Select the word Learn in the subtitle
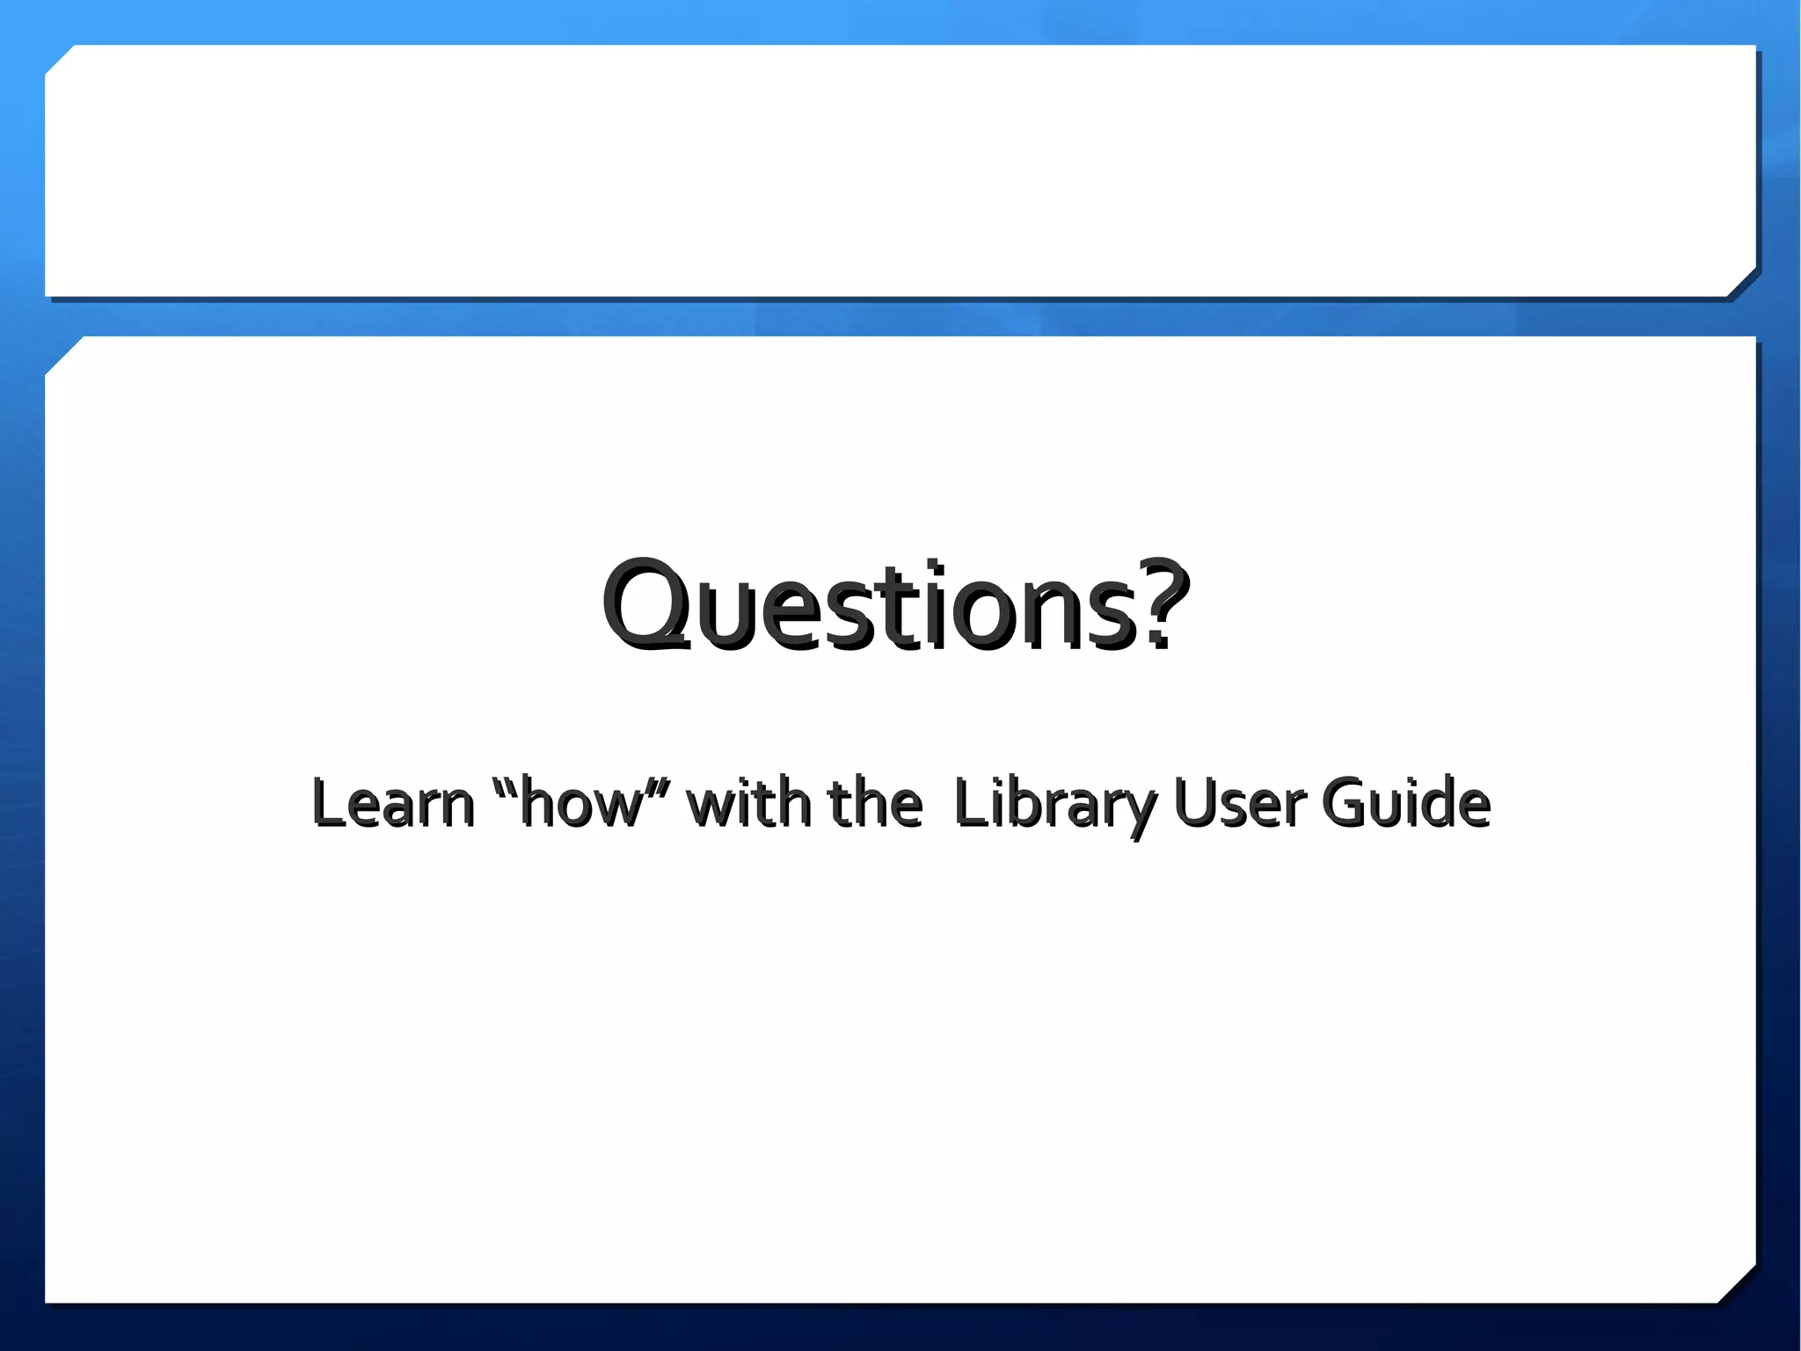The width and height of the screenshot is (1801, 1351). tap(392, 802)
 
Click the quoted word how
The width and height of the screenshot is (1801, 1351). tap(580, 804)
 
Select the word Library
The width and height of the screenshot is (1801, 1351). tap(1055, 804)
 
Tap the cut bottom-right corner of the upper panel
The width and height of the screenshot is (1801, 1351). tap(1742, 282)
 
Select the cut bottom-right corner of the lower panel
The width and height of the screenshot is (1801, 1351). tap(1738, 1285)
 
